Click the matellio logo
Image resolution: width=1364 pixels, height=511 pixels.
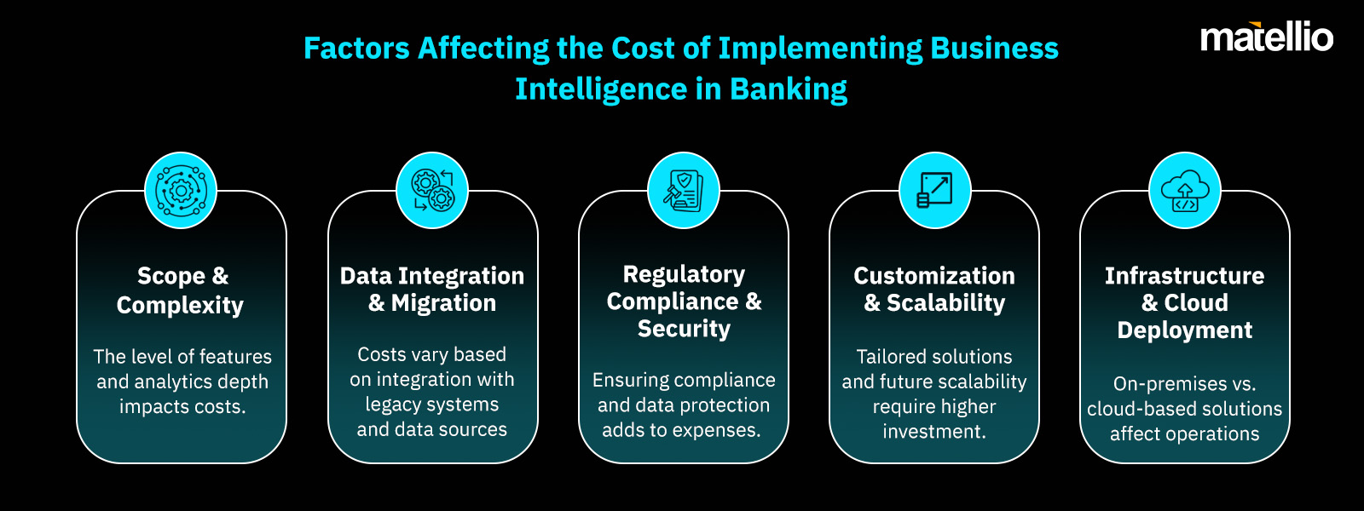coord(1266,37)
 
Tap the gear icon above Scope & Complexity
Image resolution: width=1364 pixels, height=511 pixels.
coord(181,190)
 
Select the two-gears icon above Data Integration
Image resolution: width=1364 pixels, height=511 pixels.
coord(432,190)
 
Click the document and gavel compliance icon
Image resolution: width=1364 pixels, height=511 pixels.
coord(684,190)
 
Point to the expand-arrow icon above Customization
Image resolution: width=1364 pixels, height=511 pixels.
coord(934,190)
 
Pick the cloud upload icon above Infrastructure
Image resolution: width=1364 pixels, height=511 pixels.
coord(1185,190)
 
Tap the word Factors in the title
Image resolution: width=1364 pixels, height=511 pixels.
coord(356,49)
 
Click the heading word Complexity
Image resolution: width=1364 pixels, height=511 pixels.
coord(180,305)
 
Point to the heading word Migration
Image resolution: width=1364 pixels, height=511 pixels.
coord(443,303)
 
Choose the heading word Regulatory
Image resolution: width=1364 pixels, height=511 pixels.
coord(684,274)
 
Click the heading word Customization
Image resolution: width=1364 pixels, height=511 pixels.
coord(934,276)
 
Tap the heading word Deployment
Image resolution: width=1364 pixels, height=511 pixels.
coord(1185,330)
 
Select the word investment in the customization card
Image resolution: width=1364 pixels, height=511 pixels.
coord(934,432)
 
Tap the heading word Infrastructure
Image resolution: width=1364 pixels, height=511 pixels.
coord(1185,276)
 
